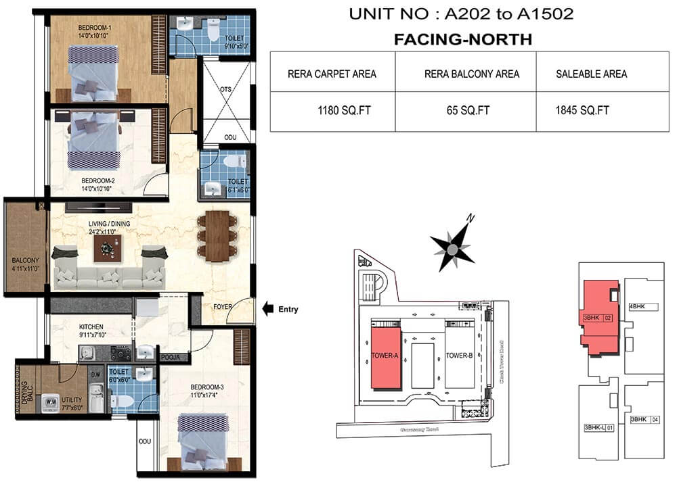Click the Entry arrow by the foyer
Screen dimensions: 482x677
(268, 310)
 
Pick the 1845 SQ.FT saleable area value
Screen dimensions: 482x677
(582, 110)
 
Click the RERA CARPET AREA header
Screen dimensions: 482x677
(332, 74)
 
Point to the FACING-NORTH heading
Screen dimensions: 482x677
(463, 40)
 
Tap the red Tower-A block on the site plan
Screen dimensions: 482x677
(385, 356)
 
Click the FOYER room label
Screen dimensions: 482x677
(222, 307)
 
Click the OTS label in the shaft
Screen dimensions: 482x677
(226, 89)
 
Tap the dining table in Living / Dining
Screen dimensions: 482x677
(217, 236)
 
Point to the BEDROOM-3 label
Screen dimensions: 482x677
(206, 388)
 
